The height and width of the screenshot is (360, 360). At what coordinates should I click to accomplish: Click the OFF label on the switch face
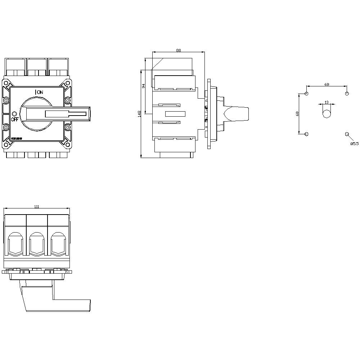(15, 120)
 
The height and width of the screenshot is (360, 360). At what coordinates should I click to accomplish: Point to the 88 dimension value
(179, 50)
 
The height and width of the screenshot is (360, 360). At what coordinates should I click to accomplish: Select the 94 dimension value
(143, 86)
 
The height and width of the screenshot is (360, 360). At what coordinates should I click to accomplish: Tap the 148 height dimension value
(139, 114)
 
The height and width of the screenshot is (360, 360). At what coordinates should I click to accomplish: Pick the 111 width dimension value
(37, 207)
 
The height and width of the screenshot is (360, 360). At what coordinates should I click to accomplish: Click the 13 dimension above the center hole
(327, 102)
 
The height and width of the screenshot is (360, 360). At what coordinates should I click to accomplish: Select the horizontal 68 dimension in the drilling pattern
(327, 85)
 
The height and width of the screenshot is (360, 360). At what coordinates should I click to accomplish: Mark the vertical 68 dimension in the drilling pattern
(297, 113)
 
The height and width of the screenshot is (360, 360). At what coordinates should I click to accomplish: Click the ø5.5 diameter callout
(354, 144)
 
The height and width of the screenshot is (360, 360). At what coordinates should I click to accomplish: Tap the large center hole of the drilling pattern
(327, 114)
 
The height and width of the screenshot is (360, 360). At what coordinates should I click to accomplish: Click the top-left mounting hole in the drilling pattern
(306, 94)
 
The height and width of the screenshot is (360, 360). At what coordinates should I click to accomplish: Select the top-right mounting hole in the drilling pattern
(347, 94)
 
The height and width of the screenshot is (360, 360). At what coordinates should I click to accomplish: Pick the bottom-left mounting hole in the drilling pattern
(306, 134)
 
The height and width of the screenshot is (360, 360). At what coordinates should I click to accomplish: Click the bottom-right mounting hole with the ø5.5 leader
(347, 134)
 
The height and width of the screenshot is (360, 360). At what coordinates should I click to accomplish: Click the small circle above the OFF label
(14, 114)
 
